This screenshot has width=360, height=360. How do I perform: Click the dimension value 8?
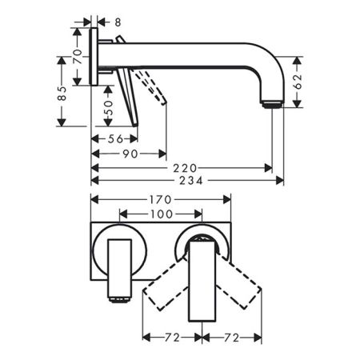[118, 22]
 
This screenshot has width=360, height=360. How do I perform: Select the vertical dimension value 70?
[78, 56]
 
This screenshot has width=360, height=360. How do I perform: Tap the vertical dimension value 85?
[62, 93]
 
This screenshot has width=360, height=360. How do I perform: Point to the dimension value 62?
[298, 82]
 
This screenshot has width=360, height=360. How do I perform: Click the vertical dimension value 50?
[108, 107]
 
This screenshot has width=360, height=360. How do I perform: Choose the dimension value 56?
[115, 139]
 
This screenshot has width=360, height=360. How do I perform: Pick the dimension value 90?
[130, 154]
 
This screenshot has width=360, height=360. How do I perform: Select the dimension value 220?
[185, 168]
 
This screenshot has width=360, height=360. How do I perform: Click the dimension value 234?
[191, 181]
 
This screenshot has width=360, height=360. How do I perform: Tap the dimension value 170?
[160, 200]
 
